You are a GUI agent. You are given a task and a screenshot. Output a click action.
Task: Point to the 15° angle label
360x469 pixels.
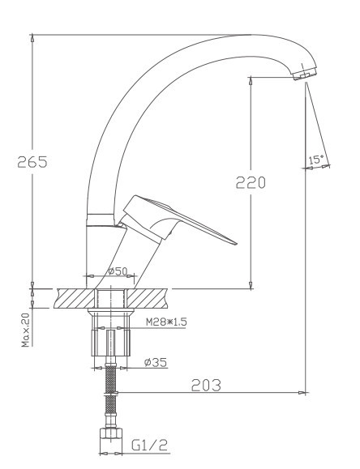pyautogui.click(x=316, y=160)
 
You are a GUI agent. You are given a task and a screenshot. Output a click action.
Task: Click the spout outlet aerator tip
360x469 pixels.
pyautogui.click(x=302, y=75)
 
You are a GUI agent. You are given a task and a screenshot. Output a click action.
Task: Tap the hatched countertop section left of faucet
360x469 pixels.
pyautogui.click(x=75, y=297)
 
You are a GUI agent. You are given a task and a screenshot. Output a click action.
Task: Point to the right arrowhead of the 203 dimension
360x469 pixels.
pyautogui.click(x=304, y=394)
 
